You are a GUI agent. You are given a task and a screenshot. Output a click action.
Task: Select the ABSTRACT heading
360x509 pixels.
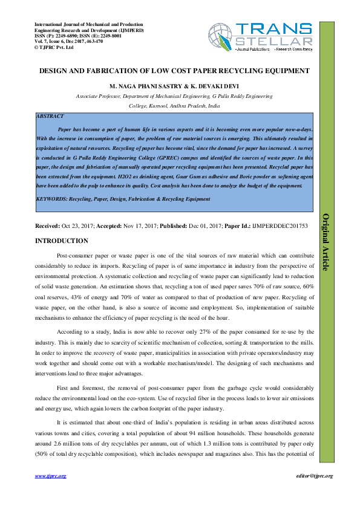coord(50,115)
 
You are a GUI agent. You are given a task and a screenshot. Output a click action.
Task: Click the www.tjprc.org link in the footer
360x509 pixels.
coord(51,476)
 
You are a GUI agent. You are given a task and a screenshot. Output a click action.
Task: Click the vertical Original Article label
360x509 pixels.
coord(325,242)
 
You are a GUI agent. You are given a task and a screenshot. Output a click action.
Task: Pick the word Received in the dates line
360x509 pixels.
coord(48,225)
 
